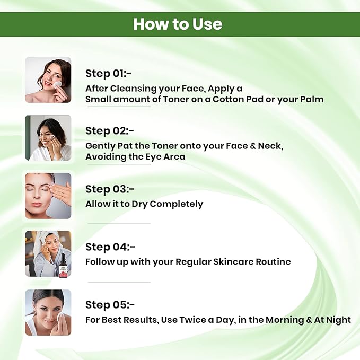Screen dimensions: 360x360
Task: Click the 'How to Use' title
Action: [x=178, y=24]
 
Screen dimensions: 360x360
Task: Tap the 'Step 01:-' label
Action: [x=108, y=74]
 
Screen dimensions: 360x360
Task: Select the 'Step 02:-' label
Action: [x=110, y=131]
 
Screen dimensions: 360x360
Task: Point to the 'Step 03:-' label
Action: [x=110, y=189]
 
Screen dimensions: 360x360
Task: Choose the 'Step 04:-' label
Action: [x=110, y=247]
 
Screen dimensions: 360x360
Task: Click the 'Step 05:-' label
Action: [x=110, y=305]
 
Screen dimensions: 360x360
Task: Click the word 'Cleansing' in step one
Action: [x=134, y=89]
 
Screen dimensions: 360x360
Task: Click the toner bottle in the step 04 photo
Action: [x=65, y=266]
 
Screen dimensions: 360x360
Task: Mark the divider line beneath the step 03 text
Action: [x=119, y=223]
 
